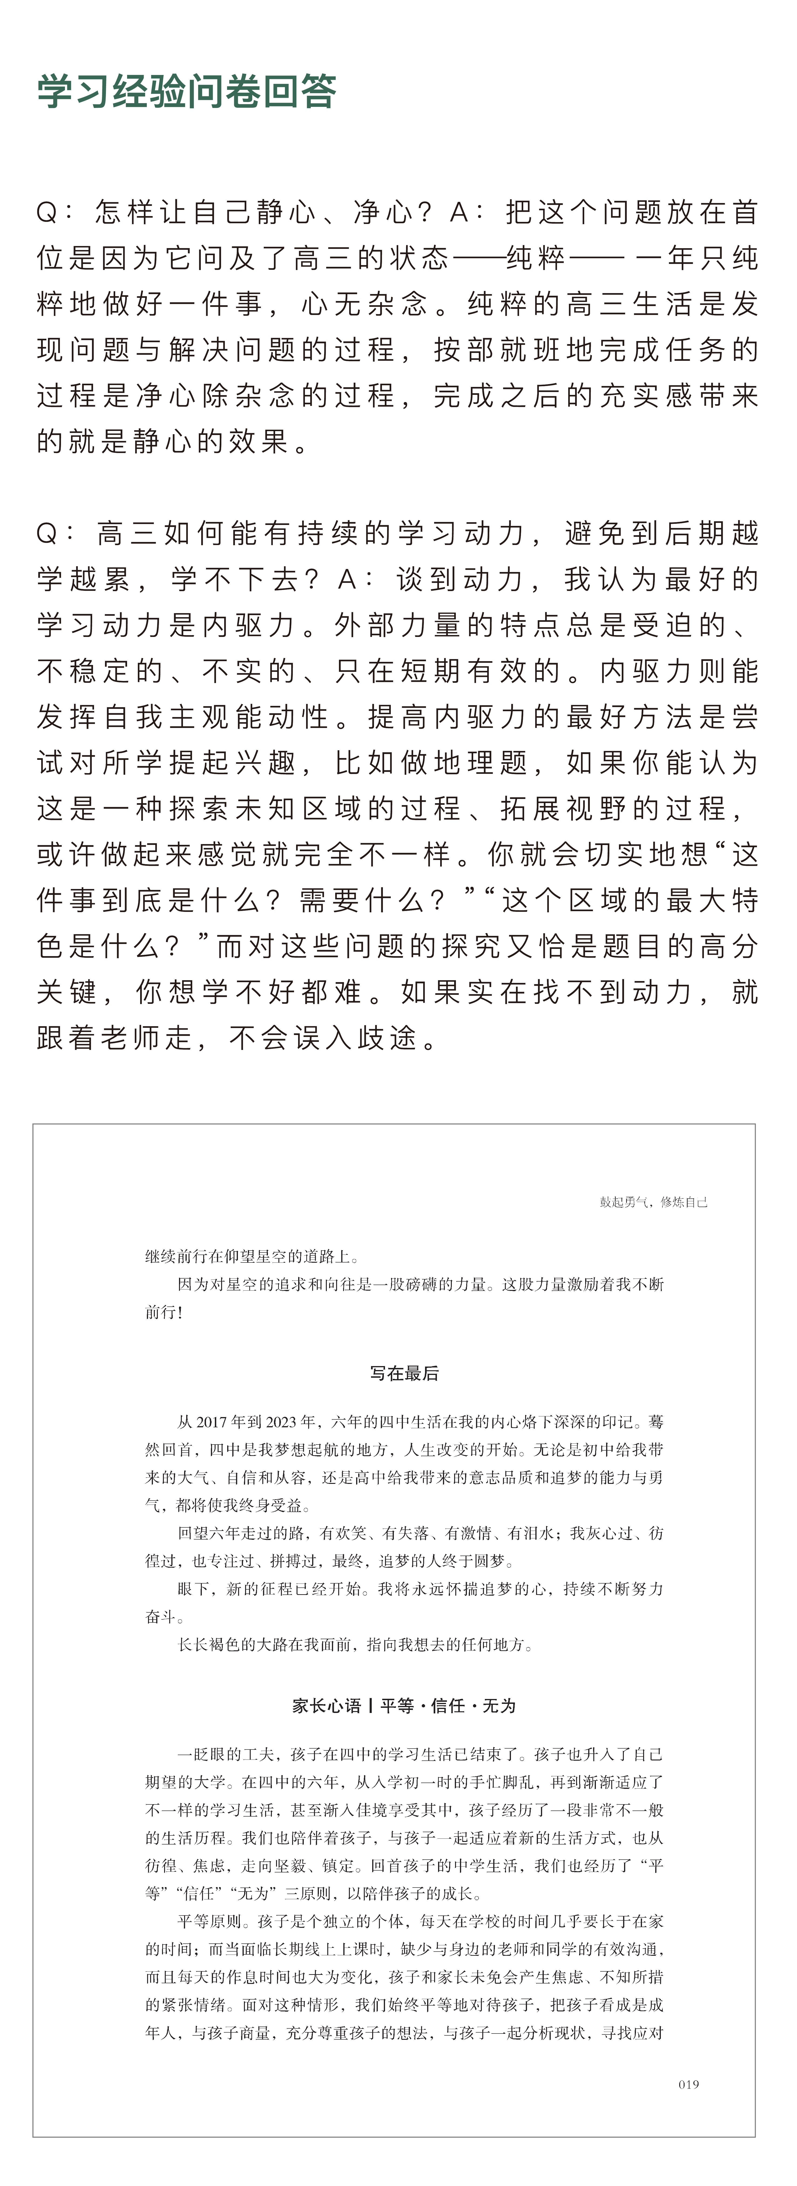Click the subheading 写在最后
pyautogui.click(x=404, y=1372)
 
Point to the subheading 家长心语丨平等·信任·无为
pyautogui.click(x=404, y=1705)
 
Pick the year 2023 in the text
pyautogui.click(x=282, y=1421)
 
